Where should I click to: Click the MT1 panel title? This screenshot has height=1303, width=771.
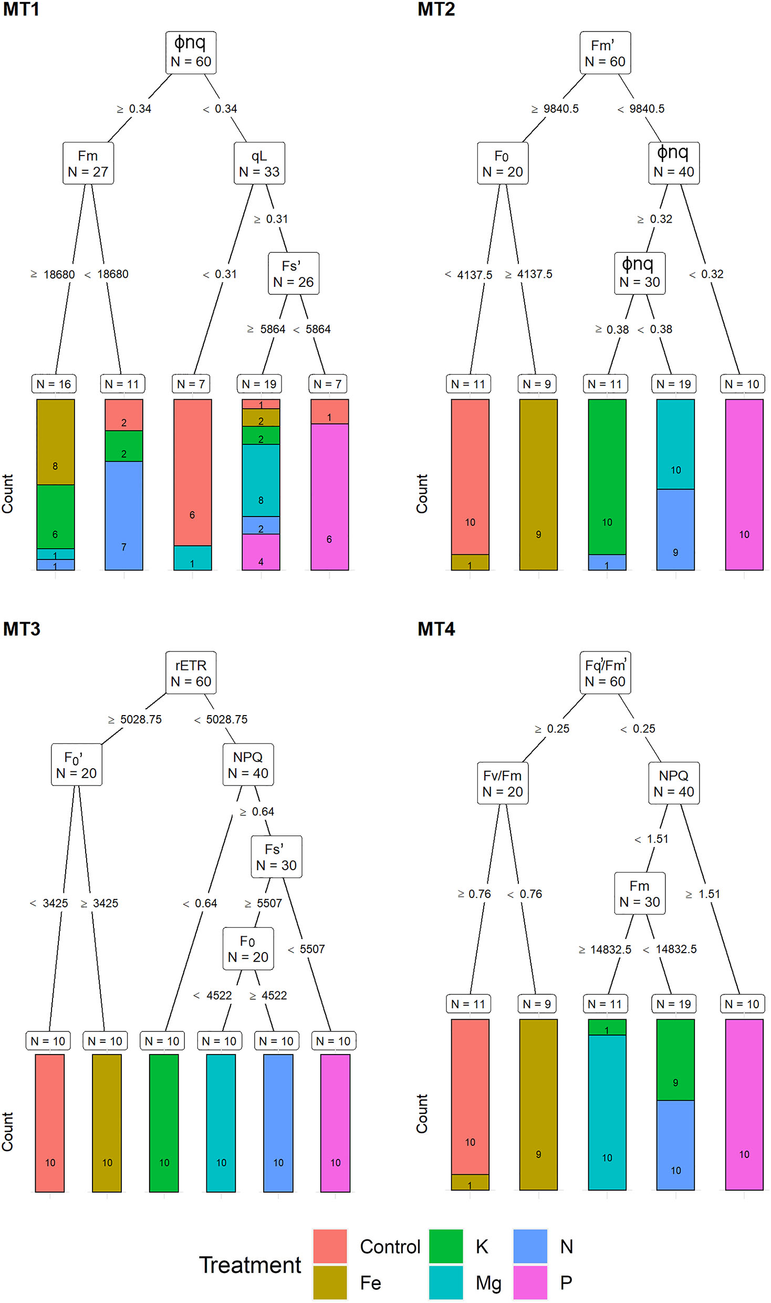(21, 9)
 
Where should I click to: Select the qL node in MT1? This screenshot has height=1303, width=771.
(259, 163)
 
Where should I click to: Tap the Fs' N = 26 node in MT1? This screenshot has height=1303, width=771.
(293, 274)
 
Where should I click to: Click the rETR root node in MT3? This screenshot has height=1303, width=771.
(191, 673)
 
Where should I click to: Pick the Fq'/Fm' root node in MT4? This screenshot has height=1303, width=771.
(605, 673)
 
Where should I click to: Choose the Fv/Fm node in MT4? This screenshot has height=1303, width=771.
(503, 783)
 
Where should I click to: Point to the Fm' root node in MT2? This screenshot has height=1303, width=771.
(605, 53)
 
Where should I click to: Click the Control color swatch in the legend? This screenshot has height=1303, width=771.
(330, 1246)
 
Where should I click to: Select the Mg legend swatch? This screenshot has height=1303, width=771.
(446, 1283)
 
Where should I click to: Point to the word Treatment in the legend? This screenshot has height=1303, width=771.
(250, 1265)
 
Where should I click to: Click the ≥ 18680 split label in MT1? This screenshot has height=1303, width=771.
(53, 274)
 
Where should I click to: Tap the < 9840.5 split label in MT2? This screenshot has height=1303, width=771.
(641, 109)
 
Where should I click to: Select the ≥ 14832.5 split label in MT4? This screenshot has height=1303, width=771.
(605, 949)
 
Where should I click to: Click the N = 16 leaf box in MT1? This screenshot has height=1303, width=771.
(54, 384)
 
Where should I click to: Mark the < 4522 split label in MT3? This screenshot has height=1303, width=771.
(213, 996)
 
